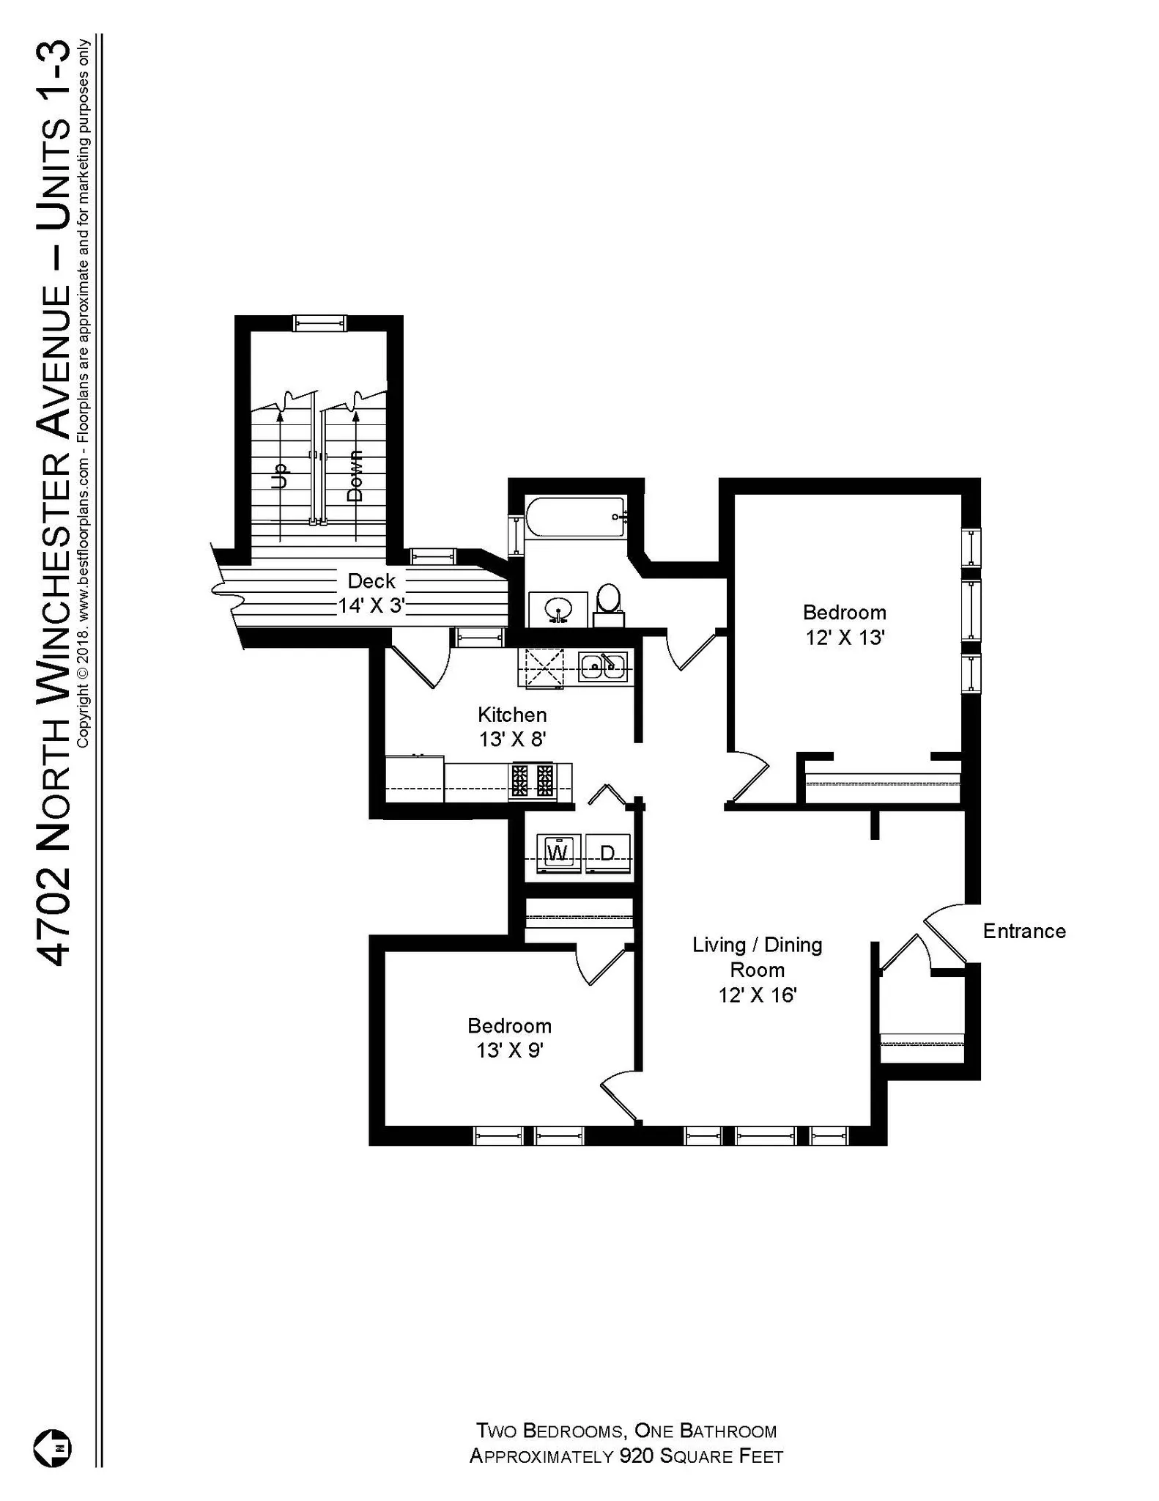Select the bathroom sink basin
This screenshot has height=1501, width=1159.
click(x=559, y=608)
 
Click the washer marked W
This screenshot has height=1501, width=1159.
click(x=558, y=853)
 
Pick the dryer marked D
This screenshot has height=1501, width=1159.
click(x=607, y=853)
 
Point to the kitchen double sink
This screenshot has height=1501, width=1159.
click(x=603, y=667)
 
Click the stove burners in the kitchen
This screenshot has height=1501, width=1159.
click(x=533, y=781)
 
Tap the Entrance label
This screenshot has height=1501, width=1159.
click(x=1023, y=932)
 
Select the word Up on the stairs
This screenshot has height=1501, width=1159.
click(x=279, y=477)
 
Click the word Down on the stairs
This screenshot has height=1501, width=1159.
click(x=355, y=476)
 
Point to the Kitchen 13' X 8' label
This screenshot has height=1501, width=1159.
click(x=512, y=726)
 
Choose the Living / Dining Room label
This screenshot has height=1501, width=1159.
click(x=758, y=969)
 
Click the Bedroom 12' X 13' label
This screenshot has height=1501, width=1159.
click(x=845, y=624)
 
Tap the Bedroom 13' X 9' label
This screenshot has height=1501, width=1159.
click(x=510, y=1038)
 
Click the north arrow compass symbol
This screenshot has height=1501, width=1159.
click(x=53, y=1448)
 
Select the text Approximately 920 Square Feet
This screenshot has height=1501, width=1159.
click(x=626, y=1456)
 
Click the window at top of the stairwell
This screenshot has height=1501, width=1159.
click(x=319, y=323)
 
